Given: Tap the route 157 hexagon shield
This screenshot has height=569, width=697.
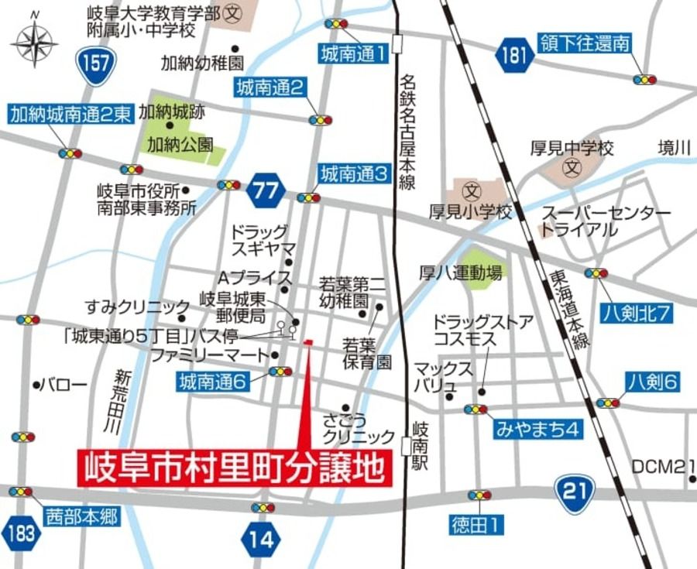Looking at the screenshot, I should [96, 62].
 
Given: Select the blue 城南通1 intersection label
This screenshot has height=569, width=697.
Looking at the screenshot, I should [353, 53].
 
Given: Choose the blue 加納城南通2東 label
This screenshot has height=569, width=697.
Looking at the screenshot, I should [70, 115].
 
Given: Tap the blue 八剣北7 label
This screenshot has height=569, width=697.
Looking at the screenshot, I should [640, 314].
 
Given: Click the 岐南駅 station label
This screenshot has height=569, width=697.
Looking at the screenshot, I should [421, 446].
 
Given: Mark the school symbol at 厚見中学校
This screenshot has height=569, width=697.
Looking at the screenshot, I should [572, 166].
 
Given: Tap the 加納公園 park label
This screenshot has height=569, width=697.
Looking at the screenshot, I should [180, 144].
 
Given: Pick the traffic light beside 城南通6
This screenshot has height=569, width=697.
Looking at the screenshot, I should [280, 372].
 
